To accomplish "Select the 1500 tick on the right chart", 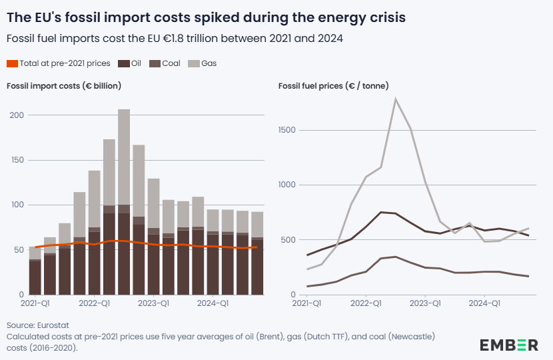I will [286, 130].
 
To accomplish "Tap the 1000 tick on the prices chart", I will [286, 185].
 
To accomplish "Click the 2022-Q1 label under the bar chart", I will [95, 304].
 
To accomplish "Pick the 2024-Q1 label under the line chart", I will [484, 304].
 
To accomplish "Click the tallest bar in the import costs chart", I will [124, 200].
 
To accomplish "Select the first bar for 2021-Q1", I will [35, 273].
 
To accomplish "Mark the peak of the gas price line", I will [396, 99].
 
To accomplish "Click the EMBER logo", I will [509, 345].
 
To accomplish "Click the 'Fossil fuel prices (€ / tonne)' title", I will [334, 86].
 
